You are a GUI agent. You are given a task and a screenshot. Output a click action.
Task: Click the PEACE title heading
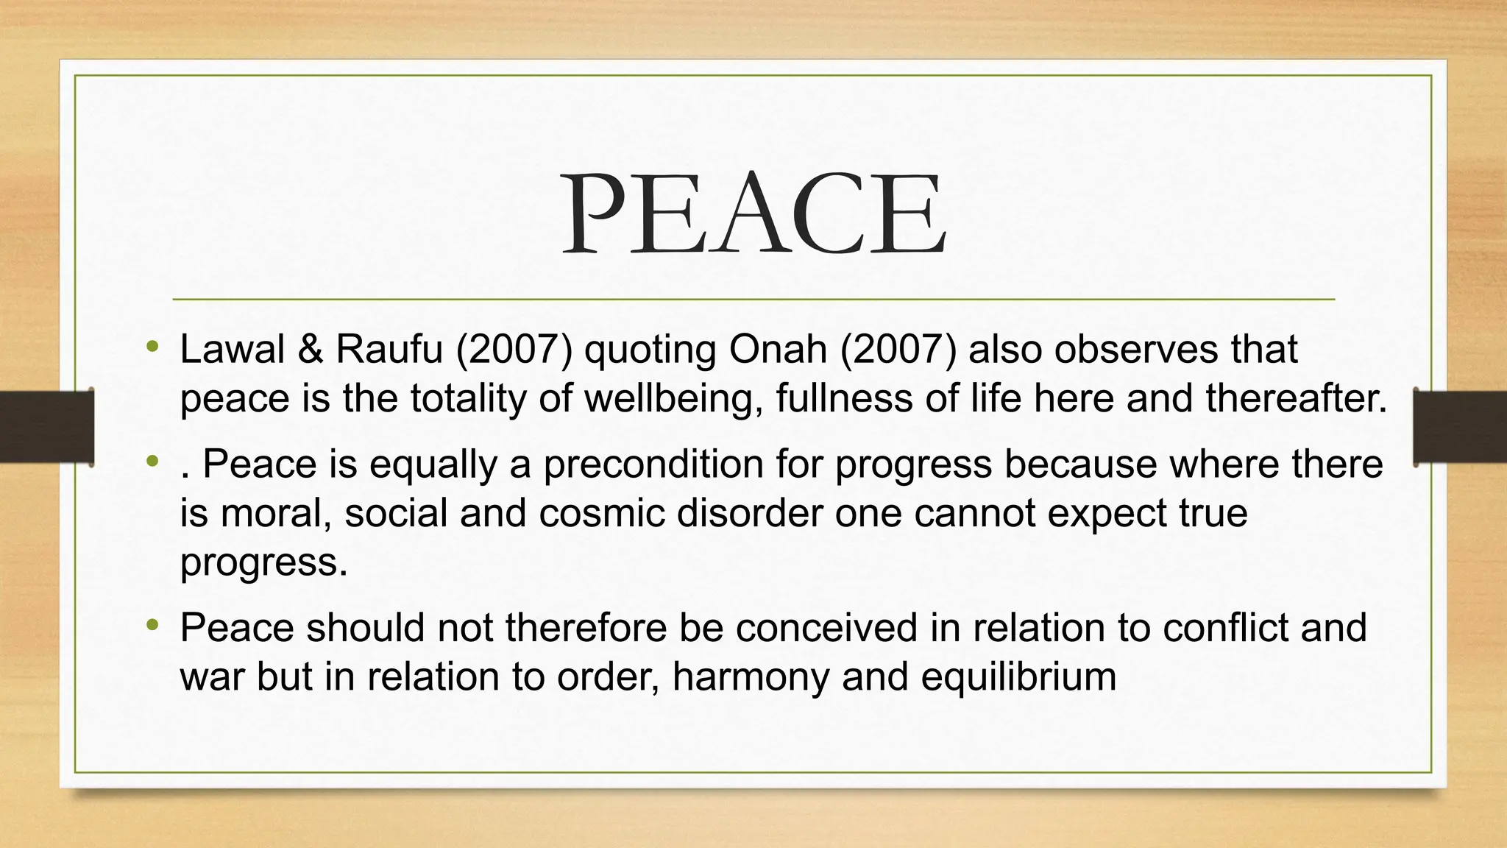click(753, 213)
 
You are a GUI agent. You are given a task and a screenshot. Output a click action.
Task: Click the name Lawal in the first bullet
click(232, 349)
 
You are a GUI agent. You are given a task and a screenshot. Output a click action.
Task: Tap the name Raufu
click(389, 349)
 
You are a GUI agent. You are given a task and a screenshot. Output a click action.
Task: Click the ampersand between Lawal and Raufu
click(311, 349)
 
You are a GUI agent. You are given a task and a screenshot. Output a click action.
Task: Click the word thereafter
click(1295, 398)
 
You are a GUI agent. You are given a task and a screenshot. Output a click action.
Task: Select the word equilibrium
click(1018, 677)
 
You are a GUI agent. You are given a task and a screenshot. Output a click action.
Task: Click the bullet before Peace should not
click(152, 625)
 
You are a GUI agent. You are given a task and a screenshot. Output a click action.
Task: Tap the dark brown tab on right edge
click(1460, 427)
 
